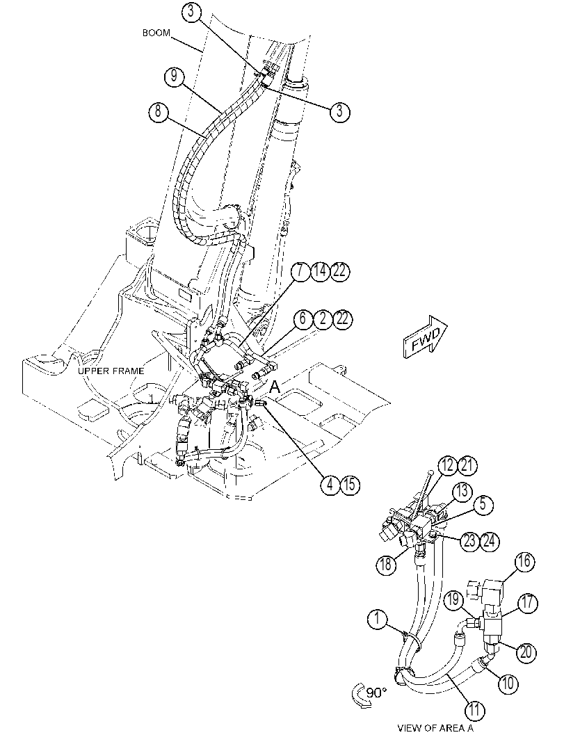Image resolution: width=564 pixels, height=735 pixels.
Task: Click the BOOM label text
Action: point(156,33)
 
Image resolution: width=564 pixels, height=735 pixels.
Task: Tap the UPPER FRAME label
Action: point(111,371)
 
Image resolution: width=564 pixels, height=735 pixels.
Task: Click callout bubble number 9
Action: point(175,76)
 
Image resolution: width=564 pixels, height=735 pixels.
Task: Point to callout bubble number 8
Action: point(159,113)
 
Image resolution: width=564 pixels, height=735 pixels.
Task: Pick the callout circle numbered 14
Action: point(320,271)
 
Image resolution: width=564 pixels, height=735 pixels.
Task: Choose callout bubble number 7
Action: point(300,271)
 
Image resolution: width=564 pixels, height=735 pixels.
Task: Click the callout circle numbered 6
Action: point(303,319)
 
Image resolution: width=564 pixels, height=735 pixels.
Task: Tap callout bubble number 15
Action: point(350,484)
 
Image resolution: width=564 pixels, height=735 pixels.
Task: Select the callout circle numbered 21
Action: point(467,465)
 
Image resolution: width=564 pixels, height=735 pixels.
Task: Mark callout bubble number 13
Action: point(462,492)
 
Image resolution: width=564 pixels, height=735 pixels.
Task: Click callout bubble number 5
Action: point(485,504)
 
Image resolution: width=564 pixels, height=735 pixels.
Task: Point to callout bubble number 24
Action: point(490,541)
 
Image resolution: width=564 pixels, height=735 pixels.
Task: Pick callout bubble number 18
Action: point(386,563)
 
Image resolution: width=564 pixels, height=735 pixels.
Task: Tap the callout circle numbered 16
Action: point(526,561)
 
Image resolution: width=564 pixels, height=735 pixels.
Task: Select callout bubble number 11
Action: point(475,710)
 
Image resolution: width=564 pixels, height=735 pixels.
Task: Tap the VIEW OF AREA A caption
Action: point(435,727)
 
